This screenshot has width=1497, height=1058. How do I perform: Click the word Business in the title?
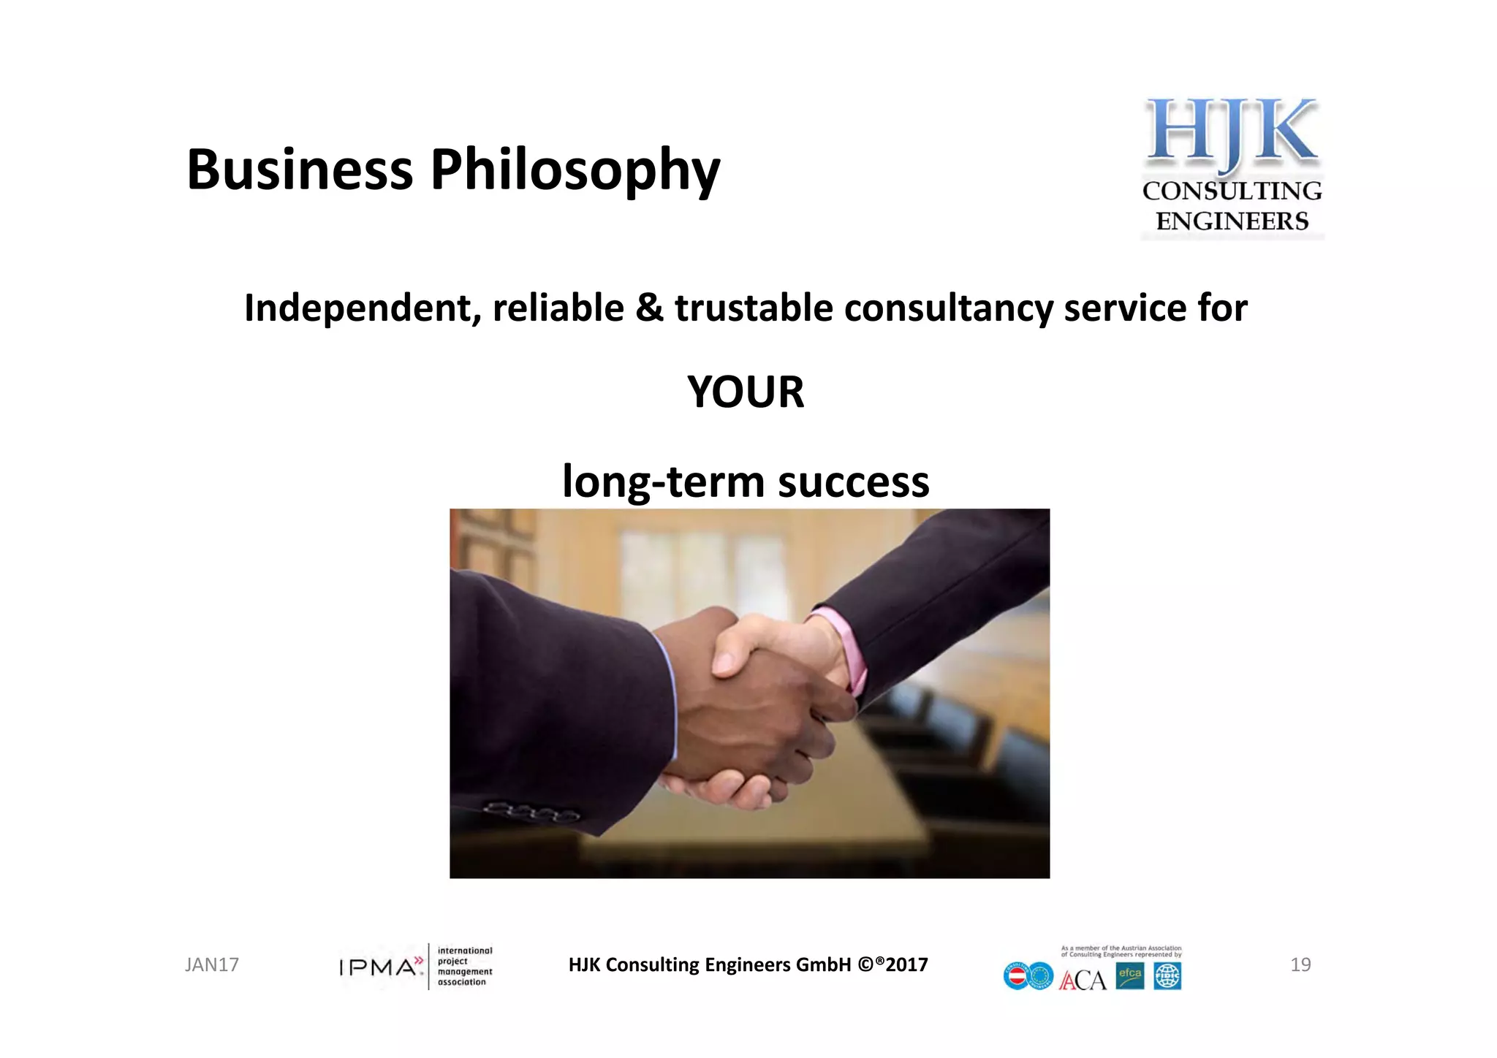point(300,170)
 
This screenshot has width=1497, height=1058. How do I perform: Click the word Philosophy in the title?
point(575,171)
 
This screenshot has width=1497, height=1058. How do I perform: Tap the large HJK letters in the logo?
point(1232,132)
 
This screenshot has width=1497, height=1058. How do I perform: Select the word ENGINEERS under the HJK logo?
point(1232,221)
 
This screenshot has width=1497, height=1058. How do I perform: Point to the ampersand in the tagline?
point(649,308)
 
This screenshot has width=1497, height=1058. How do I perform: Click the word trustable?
point(754,308)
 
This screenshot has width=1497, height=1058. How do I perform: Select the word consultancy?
point(948,308)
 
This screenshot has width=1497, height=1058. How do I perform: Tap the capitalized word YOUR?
point(746,392)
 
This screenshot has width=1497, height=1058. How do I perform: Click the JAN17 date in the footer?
point(212,965)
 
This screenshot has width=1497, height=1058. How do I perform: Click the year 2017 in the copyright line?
point(906,965)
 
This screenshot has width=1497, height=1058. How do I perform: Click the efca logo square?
point(1129,975)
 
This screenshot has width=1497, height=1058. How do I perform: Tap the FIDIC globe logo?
point(1167,976)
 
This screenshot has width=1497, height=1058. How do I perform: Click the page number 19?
point(1300,965)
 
